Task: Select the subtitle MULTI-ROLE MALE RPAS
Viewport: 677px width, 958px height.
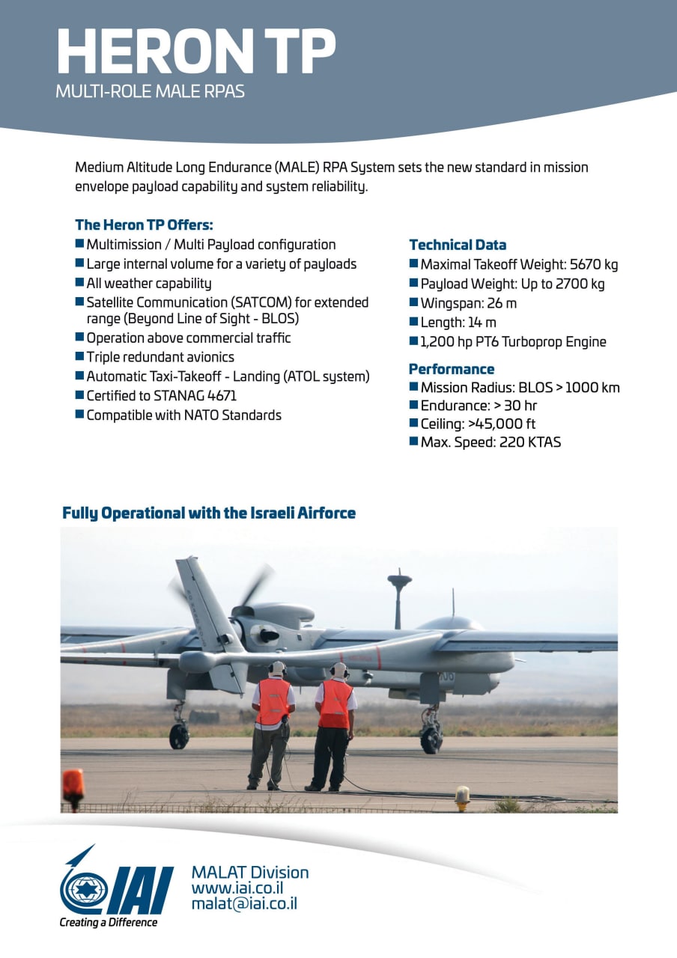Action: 150,92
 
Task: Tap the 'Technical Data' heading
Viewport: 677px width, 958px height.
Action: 458,245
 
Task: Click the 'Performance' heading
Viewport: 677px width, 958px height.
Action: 452,369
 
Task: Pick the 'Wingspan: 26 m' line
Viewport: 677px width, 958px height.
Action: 468,303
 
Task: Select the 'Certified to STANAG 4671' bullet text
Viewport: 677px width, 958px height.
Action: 161,395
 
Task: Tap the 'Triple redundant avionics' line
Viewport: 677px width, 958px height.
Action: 160,357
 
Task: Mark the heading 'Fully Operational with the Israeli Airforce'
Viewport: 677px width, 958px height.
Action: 209,513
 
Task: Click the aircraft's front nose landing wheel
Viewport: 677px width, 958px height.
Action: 432,739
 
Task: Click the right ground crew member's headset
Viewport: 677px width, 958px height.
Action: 339,670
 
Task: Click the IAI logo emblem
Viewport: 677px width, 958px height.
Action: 116,889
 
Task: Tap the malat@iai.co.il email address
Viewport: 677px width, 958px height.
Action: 244,904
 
